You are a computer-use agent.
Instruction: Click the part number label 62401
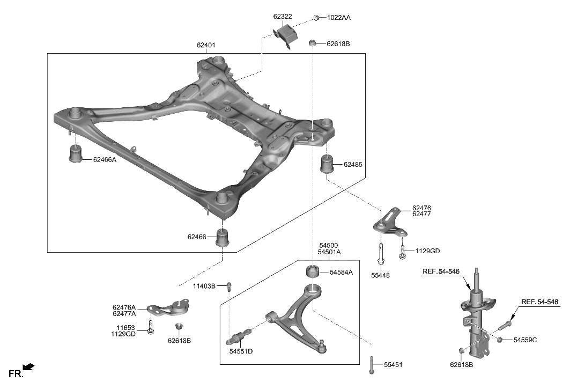click(x=206, y=45)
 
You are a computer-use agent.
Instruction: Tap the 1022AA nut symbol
click(x=316, y=18)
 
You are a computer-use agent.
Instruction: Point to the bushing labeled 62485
click(x=327, y=164)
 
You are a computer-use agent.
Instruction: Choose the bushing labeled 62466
click(x=223, y=238)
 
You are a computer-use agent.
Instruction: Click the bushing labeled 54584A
click(x=313, y=271)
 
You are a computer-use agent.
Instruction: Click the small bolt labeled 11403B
click(x=229, y=285)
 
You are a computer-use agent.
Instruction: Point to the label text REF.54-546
click(x=440, y=271)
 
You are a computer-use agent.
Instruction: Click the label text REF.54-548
click(x=539, y=301)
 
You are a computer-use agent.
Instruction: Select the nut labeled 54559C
click(x=500, y=339)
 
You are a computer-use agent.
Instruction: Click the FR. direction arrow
click(x=29, y=367)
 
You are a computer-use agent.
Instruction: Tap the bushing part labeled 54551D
click(x=239, y=337)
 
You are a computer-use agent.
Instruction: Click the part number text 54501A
click(x=329, y=252)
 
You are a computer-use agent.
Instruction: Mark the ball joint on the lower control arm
click(x=321, y=343)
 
